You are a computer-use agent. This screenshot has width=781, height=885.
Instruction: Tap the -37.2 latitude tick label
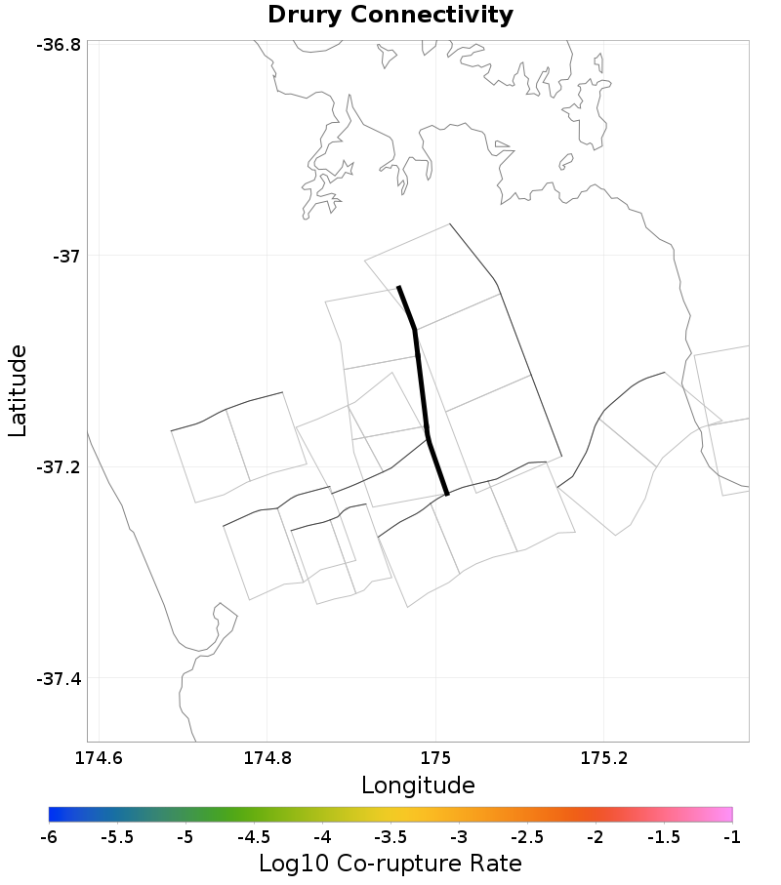pyautogui.click(x=59, y=467)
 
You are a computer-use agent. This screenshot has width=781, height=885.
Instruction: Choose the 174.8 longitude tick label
pyautogui.click(x=267, y=757)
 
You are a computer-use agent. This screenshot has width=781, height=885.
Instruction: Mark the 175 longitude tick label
pyautogui.click(x=435, y=757)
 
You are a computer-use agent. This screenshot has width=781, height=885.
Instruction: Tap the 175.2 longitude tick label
pyautogui.click(x=603, y=757)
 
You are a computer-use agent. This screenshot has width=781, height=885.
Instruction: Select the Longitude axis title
pyautogui.click(x=418, y=785)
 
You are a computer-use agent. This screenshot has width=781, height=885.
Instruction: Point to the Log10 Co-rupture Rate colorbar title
pyautogui.click(x=390, y=864)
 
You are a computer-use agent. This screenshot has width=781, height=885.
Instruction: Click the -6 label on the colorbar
pyautogui.click(x=49, y=837)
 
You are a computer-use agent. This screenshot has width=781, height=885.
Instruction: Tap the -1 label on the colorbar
pyautogui.click(x=731, y=837)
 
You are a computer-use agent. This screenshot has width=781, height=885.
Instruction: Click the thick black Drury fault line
pyautogui.click(x=422, y=390)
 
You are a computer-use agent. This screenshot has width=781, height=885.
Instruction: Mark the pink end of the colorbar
pyautogui.click(x=722, y=815)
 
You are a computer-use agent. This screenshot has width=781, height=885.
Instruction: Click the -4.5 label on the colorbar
pyautogui.click(x=254, y=837)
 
